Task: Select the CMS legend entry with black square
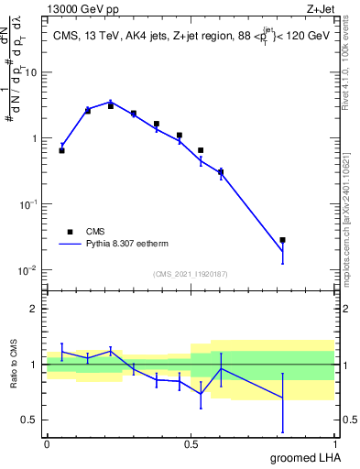(x=71, y=233)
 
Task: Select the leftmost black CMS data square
(x=61, y=150)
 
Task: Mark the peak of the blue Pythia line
(x=111, y=102)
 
